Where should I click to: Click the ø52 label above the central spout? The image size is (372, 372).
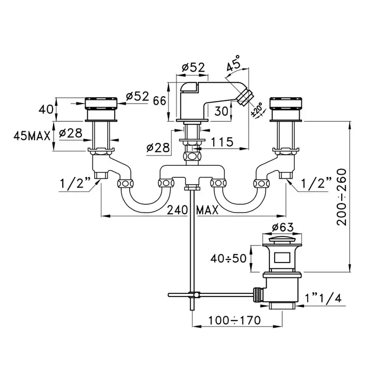(x=193, y=67)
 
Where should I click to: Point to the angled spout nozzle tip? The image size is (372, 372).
(x=245, y=96)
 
